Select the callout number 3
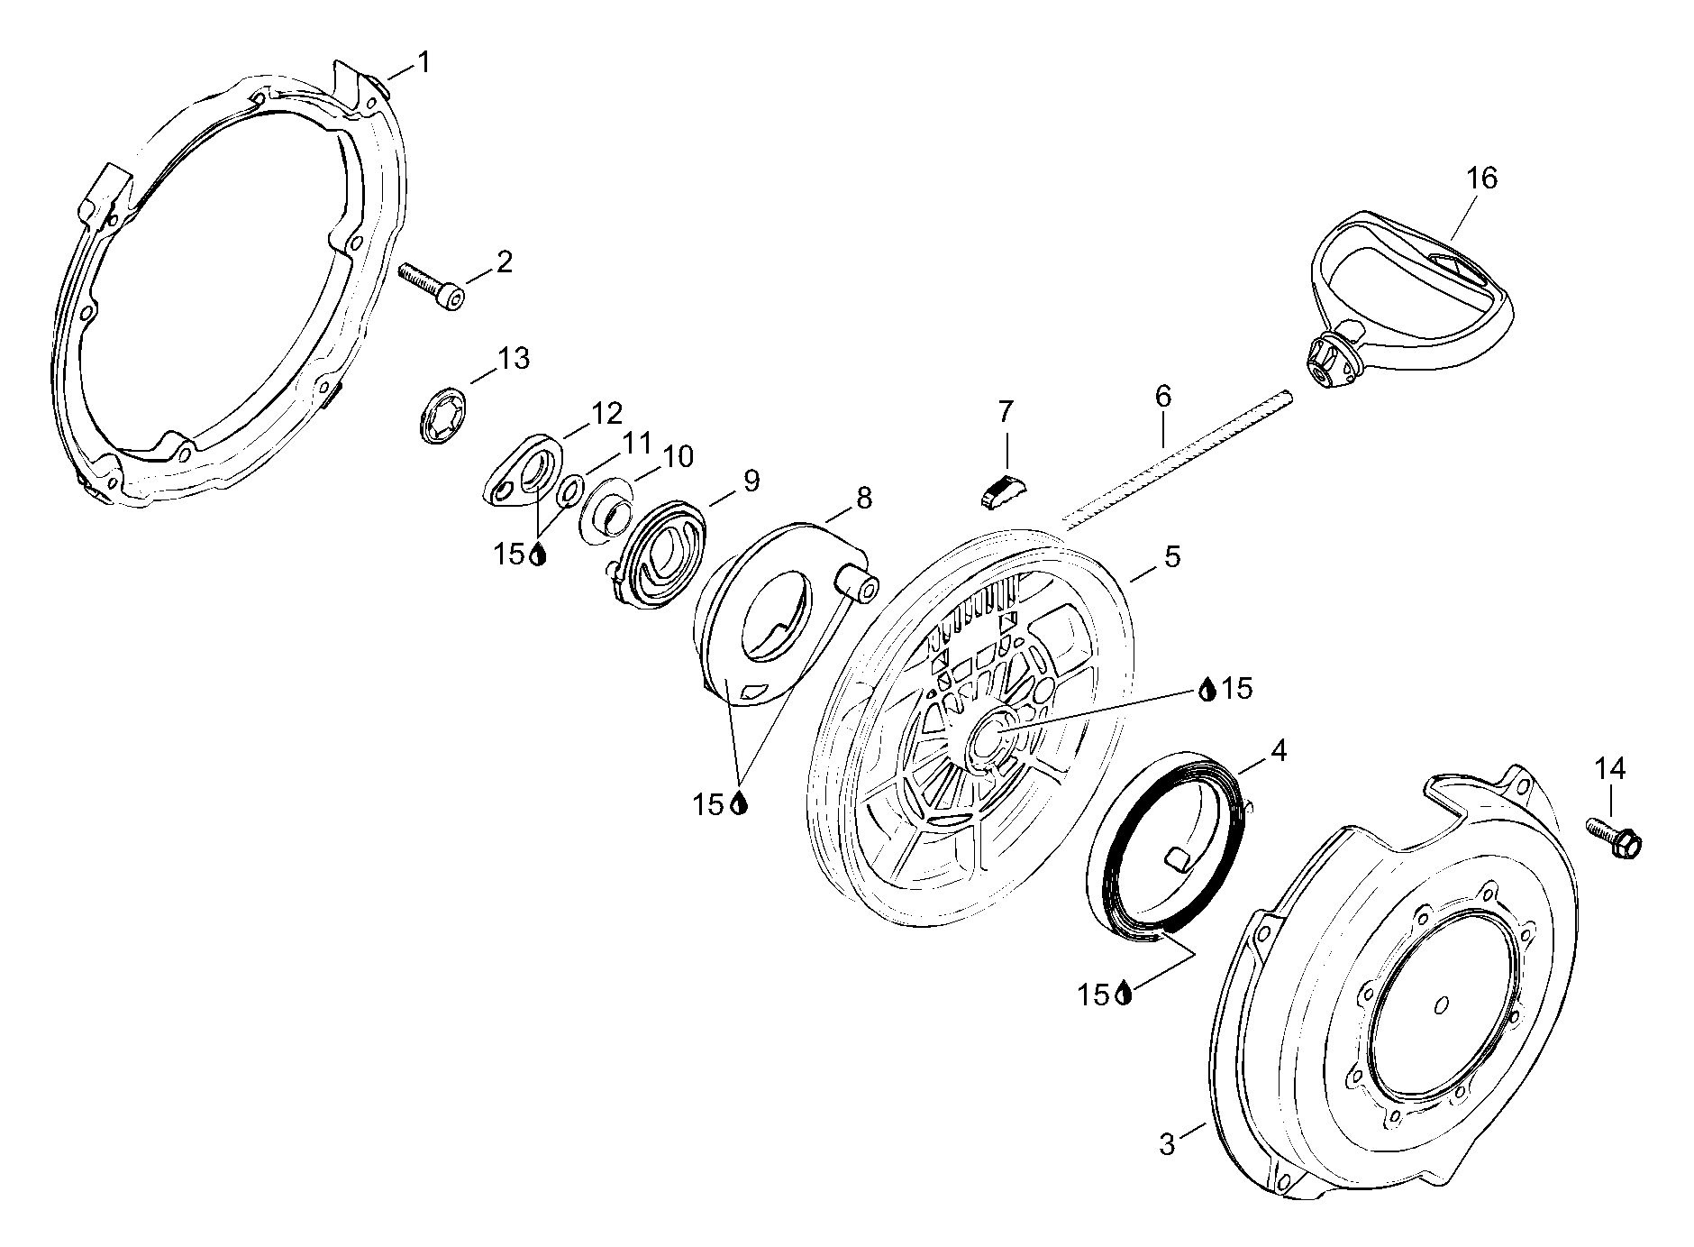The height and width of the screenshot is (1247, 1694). tap(1167, 1145)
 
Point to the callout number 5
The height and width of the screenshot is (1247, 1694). tap(1171, 556)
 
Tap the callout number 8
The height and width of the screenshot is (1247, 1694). tap(863, 497)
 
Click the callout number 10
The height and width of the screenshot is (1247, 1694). tap(679, 457)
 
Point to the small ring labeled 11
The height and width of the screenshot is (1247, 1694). tap(569, 492)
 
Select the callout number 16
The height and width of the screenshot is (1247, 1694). tap(1481, 179)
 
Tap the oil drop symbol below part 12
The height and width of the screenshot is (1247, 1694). tap(538, 555)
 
